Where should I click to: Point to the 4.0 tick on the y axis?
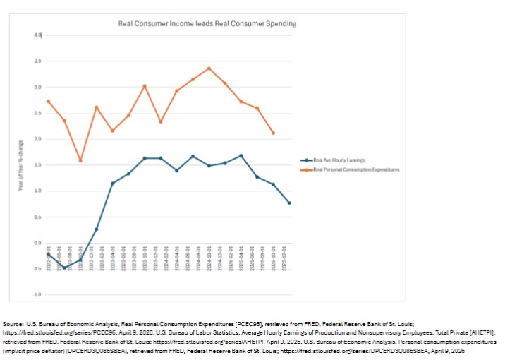pos(38,35)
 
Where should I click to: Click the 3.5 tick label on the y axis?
pos(38,61)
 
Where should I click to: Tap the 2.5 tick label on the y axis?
pos(38,113)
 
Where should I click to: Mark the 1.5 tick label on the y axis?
pos(38,165)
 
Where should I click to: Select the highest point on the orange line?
pos(209,68)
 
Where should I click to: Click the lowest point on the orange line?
pos(80,160)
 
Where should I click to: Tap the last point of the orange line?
pos(273,133)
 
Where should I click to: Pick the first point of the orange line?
pos(48,101)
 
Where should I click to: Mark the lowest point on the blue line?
pos(64,268)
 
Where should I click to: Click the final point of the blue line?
pos(289,203)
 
